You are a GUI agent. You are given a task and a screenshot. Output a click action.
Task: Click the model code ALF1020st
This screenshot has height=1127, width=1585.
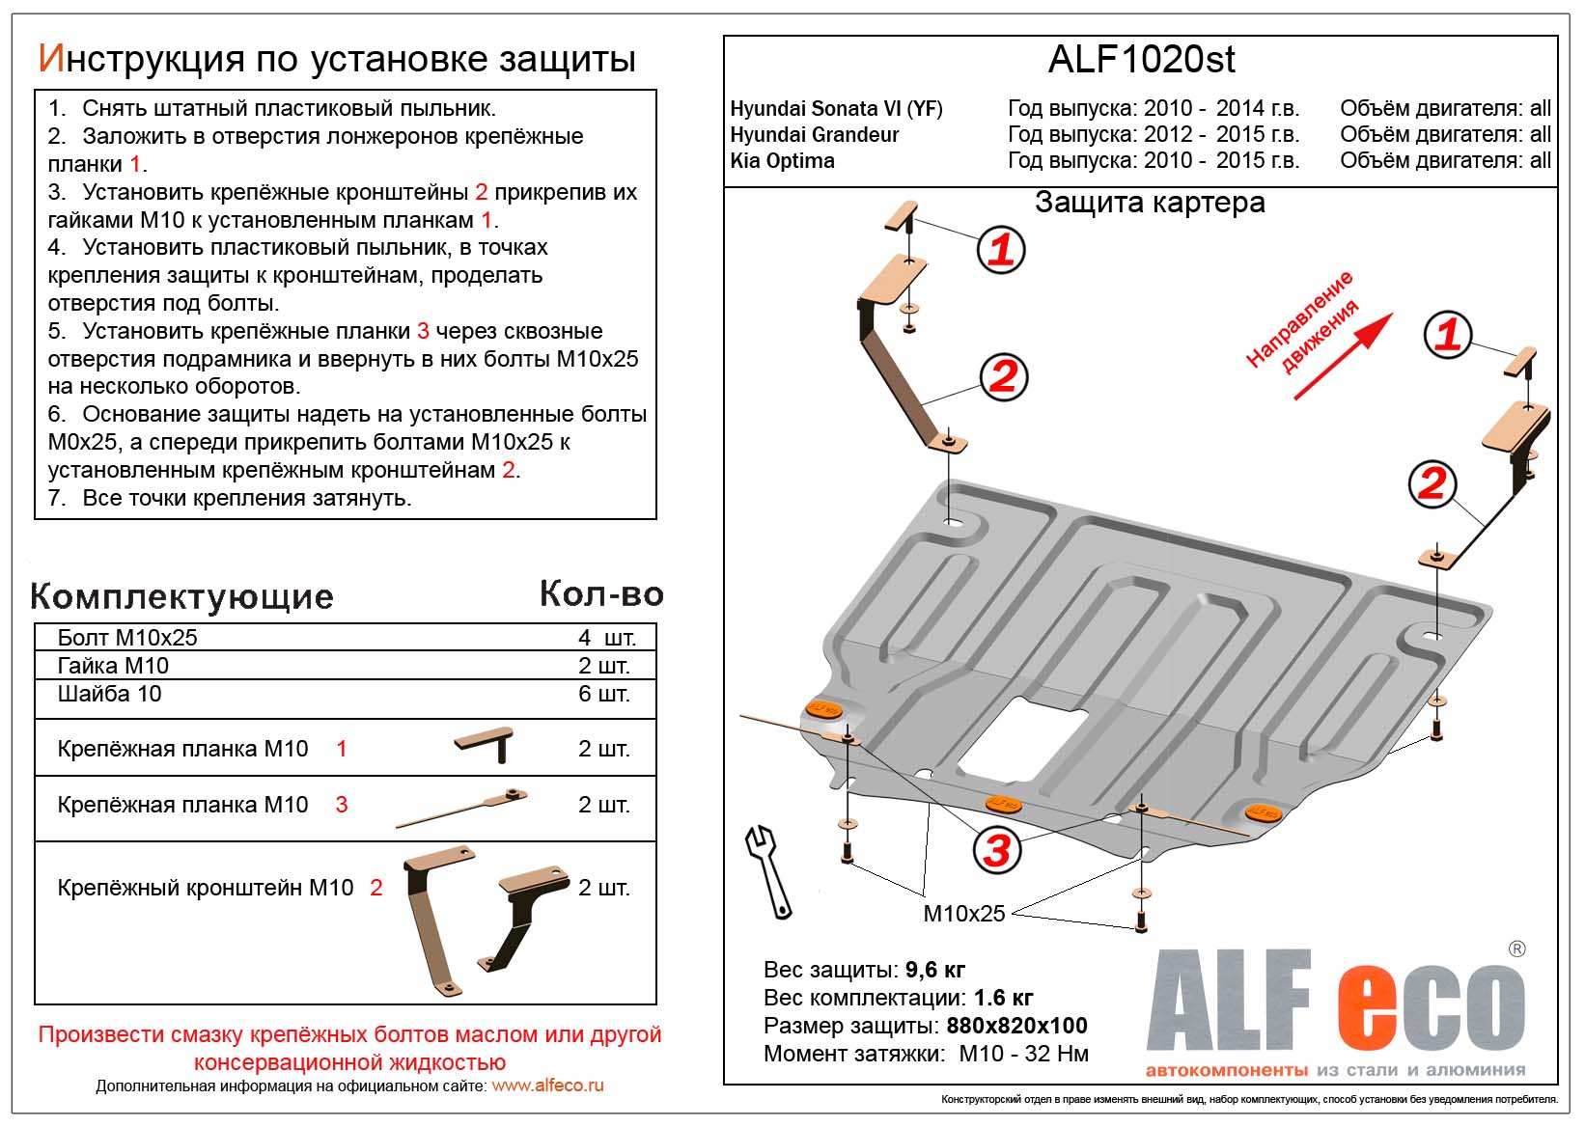click(x=1141, y=60)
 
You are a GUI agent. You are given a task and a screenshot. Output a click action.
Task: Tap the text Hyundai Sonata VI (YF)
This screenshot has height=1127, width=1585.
click(x=836, y=108)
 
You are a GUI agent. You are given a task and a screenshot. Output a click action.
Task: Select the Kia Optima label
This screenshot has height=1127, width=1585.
click(x=782, y=160)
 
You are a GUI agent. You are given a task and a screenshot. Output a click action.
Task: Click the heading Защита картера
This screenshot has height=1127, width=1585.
click(x=1149, y=203)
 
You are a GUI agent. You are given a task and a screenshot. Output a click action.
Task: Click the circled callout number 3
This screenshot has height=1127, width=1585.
click(x=996, y=850)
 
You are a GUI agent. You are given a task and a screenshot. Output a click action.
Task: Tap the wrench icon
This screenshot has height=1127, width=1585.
click(x=768, y=870)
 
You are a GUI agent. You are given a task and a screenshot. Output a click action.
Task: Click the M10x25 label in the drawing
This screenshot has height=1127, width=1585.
click(x=963, y=913)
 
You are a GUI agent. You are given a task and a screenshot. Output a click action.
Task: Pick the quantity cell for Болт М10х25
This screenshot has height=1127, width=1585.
click(x=605, y=638)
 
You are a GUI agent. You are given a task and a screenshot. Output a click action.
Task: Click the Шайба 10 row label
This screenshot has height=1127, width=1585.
click(x=109, y=694)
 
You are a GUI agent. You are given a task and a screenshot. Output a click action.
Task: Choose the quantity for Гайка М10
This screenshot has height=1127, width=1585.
click(x=604, y=666)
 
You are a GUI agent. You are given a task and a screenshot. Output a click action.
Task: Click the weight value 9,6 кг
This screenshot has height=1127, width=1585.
click(x=934, y=970)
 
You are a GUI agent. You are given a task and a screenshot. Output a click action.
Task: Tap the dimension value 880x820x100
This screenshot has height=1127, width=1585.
click(x=1016, y=1026)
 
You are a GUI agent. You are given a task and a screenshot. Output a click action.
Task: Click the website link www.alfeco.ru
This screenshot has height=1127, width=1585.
click(x=547, y=1086)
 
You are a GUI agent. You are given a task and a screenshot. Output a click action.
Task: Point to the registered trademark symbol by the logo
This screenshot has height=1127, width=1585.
click(x=1516, y=949)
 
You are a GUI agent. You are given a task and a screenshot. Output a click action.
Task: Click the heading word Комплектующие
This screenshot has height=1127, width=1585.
click(x=181, y=596)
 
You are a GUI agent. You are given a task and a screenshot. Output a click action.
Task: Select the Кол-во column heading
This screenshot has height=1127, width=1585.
click(x=601, y=593)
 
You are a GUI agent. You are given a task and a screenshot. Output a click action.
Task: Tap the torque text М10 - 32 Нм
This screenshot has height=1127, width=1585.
click(x=1023, y=1054)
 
